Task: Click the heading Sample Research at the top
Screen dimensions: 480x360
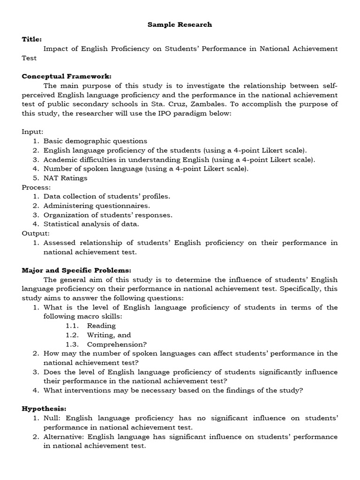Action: (180, 24)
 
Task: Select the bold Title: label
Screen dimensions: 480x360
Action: (32, 39)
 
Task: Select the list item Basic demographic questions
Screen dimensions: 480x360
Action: (95, 141)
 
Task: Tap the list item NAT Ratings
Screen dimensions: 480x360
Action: (65, 178)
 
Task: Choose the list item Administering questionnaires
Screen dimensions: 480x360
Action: (97, 205)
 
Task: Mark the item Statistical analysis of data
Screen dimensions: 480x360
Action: (91, 224)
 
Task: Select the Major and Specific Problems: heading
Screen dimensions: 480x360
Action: (76, 270)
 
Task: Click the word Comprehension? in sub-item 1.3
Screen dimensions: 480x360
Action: (115, 344)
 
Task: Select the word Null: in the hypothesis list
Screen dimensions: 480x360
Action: (52, 418)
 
